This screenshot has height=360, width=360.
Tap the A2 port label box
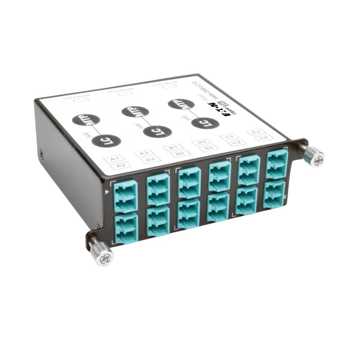pyautogui.click(x=121, y=165)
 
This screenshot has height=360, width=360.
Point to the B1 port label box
pyautogui.click(x=173, y=147)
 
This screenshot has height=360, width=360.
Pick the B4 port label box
pyautogui.click(x=208, y=148)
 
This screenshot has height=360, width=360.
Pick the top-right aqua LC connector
pyautogui.click(x=277, y=165)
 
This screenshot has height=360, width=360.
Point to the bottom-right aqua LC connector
pyautogui.click(x=275, y=193)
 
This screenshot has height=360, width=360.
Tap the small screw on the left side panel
pyautogui.click(x=42, y=153)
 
